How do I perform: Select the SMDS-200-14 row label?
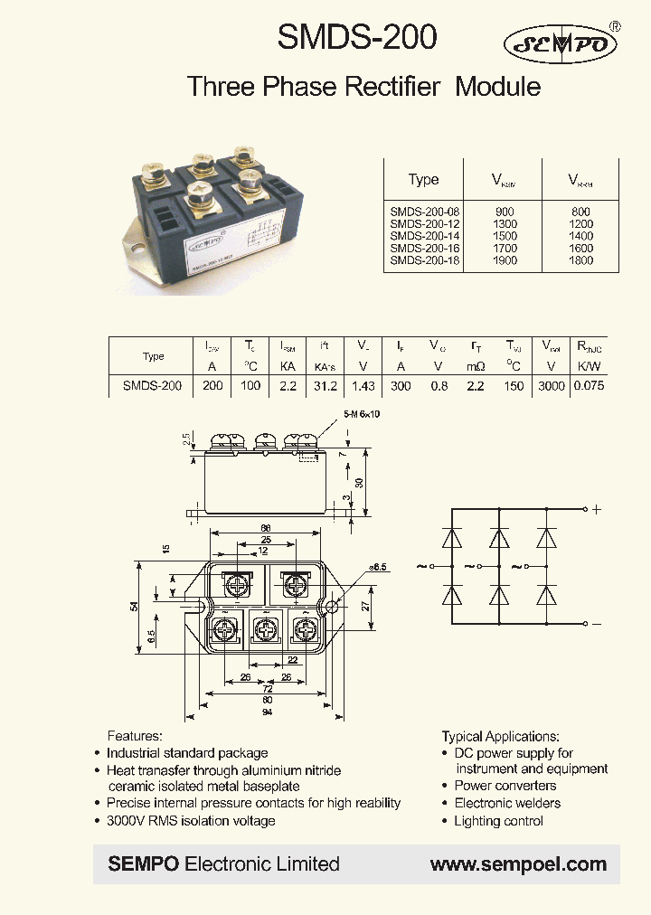424,236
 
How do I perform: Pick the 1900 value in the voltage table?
505,260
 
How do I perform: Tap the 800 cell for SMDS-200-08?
581,212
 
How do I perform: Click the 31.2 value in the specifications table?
325,385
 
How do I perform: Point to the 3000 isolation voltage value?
551,385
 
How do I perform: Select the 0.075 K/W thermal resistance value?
590,385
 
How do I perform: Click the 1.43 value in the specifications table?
363,385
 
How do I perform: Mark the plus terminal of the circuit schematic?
596,509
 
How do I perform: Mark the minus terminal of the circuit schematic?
596,623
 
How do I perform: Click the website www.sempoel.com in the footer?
518,864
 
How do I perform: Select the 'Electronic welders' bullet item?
507,803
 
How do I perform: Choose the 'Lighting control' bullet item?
498,821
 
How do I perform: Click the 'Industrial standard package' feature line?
187,753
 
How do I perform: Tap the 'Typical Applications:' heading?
500,737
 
